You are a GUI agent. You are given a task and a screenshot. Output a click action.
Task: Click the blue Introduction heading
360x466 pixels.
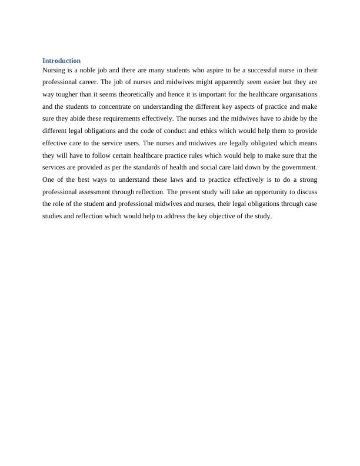coord(62,61)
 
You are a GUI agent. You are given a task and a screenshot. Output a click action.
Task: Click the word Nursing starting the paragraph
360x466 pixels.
coord(54,69)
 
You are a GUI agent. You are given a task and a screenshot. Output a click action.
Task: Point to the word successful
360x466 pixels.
coord(262,69)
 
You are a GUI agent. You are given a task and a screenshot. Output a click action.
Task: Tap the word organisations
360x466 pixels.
coord(298,94)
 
